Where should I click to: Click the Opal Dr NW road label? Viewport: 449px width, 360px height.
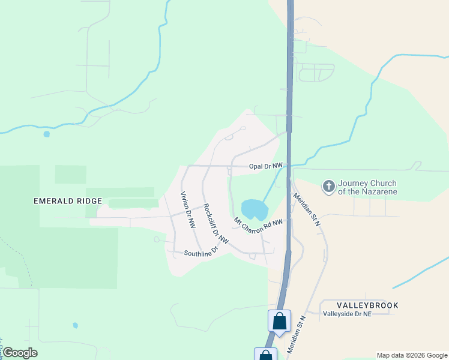pos(266,165)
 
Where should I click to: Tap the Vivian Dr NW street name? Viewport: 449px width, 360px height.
pos(188,210)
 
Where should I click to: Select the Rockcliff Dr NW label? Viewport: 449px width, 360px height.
pos(215,224)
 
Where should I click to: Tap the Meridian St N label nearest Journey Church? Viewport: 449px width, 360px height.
pos(307,209)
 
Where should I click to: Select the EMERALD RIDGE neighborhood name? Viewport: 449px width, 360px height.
pos(68,201)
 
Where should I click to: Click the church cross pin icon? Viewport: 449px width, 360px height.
pos(328,187)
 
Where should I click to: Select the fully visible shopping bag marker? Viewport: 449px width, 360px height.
pos(279,320)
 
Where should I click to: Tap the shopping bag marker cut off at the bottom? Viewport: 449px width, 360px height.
pos(265,355)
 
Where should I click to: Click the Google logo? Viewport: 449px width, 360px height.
pos(20,353)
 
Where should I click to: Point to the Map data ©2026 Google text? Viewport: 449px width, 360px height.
pos(411,355)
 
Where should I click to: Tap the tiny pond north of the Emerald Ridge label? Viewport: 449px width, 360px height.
pos(47,134)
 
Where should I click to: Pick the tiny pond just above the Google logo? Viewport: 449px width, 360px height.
pos(75,325)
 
